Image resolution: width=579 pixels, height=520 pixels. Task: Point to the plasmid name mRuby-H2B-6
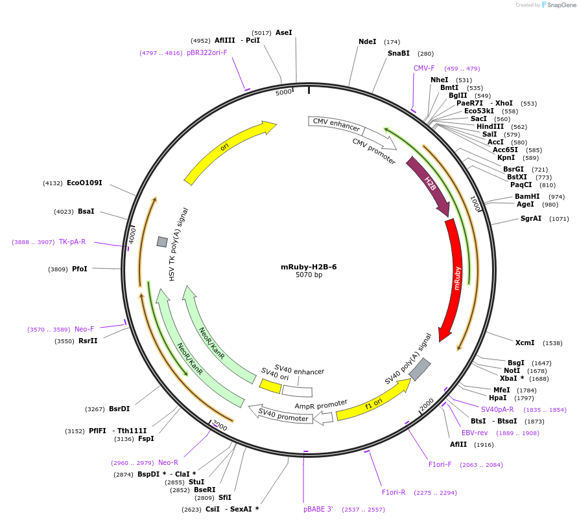[x=309, y=266]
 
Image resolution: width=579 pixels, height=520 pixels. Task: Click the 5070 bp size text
[x=309, y=275]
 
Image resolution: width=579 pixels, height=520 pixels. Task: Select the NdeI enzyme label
[x=367, y=41]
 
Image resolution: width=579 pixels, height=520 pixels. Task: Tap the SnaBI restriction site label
[x=399, y=54]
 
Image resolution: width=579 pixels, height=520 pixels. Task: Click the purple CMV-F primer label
[x=424, y=68]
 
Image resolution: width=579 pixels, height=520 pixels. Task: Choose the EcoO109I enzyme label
[x=84, y=183]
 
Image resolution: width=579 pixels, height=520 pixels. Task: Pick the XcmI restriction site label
[x=525, y=343]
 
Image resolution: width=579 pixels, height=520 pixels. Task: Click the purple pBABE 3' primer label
[x=318, y=509]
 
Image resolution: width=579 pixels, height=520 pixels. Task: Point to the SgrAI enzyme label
[x=530, y=218]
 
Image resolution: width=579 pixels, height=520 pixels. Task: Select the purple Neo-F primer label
[x=84, y=329]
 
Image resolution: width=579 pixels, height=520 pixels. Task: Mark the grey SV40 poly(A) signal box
[x=419, y=368]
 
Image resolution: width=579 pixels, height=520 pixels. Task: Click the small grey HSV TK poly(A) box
[x=162, y=242]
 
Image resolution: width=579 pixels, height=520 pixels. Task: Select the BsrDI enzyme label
[x=119, y=409]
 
